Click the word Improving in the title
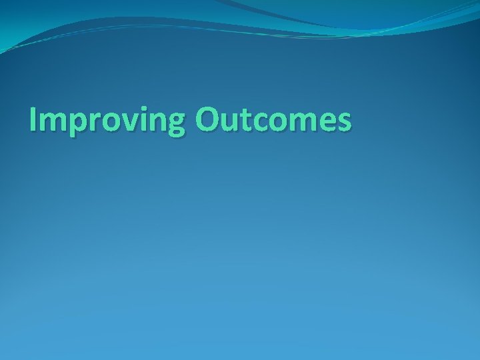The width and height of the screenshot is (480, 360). (x=108, y=121)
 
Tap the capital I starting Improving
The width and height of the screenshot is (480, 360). (x=34, y=120)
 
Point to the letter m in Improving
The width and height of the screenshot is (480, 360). (x=53, y=123)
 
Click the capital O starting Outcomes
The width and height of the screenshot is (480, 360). (x=209, y=120)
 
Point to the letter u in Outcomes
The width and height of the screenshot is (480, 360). (x=233, y=123)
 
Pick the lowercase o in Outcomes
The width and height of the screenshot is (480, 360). (x=281, y=123)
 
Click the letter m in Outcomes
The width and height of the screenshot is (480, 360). (x=305, y=123)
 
